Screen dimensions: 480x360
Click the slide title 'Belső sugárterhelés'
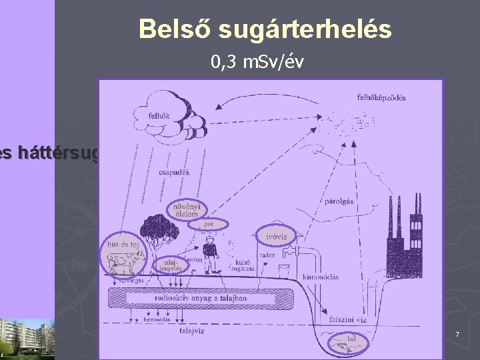tap(265, 29)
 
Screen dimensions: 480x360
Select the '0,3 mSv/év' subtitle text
tap(257, 63)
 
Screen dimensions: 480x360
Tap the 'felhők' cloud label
tap(160, 115)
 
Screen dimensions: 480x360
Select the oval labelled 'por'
tap(209, 224)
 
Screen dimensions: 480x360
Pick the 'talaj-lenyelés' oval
tap(166, 265)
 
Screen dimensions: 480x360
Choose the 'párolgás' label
tap(338, 201)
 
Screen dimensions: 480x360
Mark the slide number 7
tap(457, 333)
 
